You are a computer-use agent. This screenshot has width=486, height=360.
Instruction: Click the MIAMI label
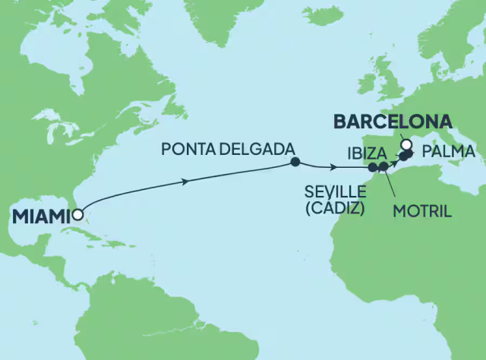(x=39, y=216)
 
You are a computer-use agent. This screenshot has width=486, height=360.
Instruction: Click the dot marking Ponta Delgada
(x=294, y=162)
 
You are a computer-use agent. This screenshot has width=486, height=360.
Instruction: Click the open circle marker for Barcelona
(x=406, y=144)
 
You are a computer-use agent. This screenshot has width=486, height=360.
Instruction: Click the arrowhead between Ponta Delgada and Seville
(x=335, y=167)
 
